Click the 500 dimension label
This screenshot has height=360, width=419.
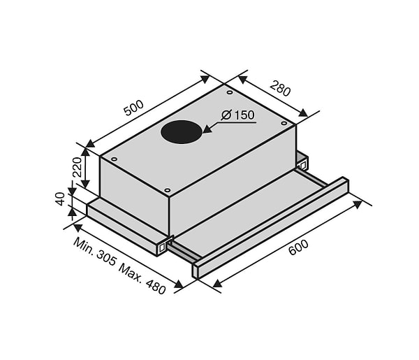[134, 108]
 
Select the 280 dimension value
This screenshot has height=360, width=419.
[280, 88]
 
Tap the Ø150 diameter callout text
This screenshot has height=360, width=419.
[238, 115]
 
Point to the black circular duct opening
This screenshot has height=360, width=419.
[182, 132]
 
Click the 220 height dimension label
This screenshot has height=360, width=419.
[78, 168]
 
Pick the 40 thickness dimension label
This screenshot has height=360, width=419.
[61, 199]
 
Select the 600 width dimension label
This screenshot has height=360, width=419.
[298, 247]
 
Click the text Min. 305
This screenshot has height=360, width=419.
[94, 252]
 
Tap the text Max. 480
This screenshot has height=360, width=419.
[142, 279]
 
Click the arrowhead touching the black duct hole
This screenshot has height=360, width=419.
[207, 129]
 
